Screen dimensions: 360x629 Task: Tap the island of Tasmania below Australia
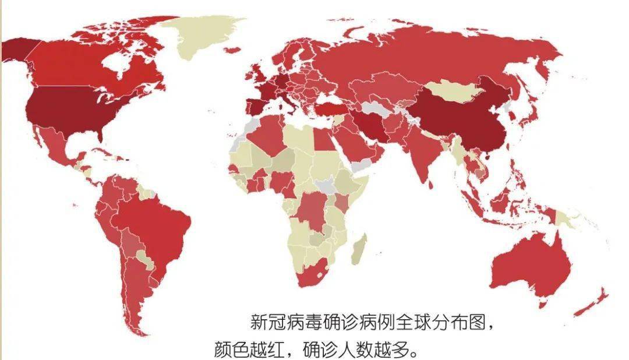pyautogui.click(x=542, y=304)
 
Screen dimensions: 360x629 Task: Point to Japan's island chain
pyautogui.click(x=527, y=114)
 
